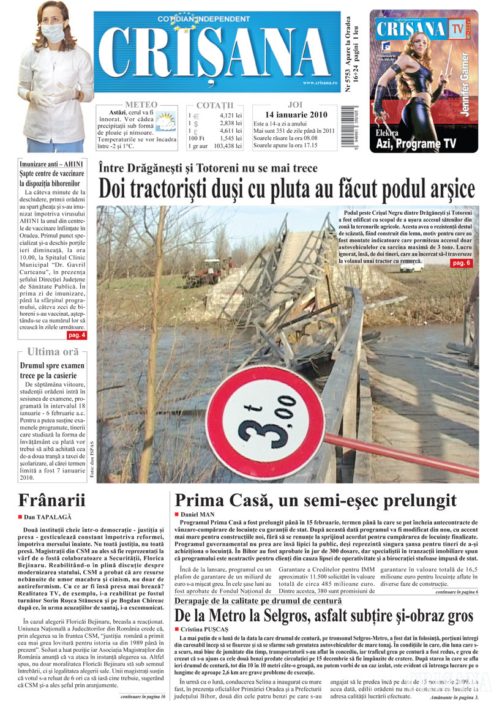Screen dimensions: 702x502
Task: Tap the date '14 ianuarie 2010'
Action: click(x=296, y=115)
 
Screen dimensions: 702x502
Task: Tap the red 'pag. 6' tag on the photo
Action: click(x=461, y=263)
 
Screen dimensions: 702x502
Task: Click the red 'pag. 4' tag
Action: click(x=77, y=335)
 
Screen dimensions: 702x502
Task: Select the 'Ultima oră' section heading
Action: click(x=53, y=352)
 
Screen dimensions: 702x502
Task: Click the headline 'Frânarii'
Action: click(x=51, y=499)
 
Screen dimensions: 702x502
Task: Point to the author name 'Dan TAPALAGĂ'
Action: click(x=48, y=517)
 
